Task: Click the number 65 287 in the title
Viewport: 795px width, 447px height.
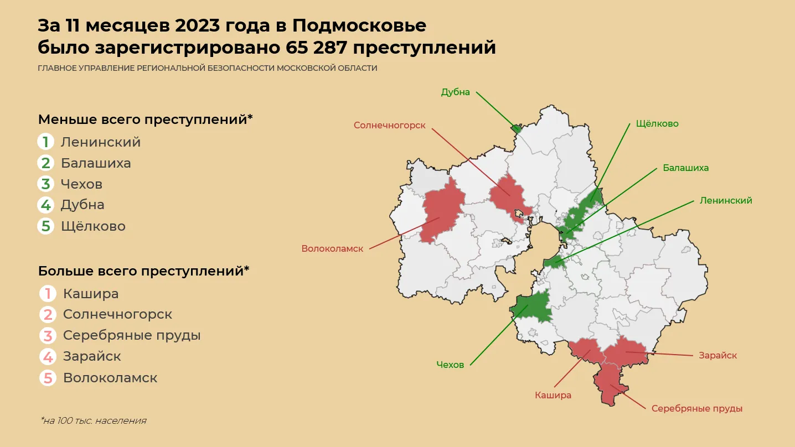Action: tap(316, 48)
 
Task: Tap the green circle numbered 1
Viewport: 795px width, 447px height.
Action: tap(46, 142)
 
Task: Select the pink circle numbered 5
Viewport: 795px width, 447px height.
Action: tap(48, 378)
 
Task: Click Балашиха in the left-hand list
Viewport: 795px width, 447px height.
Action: tap(96, 163)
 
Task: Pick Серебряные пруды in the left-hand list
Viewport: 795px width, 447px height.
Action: tap(132, 335)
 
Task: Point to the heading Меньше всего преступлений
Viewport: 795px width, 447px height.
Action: tap(145, 119)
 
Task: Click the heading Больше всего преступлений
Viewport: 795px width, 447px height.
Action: tap(143, 271)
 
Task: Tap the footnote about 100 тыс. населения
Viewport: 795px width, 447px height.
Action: tap(93, 420)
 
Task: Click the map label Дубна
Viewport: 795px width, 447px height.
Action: tap(455, 92)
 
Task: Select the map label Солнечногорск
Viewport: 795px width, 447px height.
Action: tap(389, 126)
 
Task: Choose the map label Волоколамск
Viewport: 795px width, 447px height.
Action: tap(332, 249)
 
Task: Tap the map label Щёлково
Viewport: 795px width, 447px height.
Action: tap(657, 123)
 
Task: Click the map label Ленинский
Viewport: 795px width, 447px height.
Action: tap(726, 201)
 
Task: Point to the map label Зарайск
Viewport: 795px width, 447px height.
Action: tap(718, 355)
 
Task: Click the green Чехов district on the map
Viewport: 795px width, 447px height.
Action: tap(533, 307)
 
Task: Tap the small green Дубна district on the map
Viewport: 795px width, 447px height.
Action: tap(516, 129)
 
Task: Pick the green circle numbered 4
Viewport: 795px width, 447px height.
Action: tap(46, 205)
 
